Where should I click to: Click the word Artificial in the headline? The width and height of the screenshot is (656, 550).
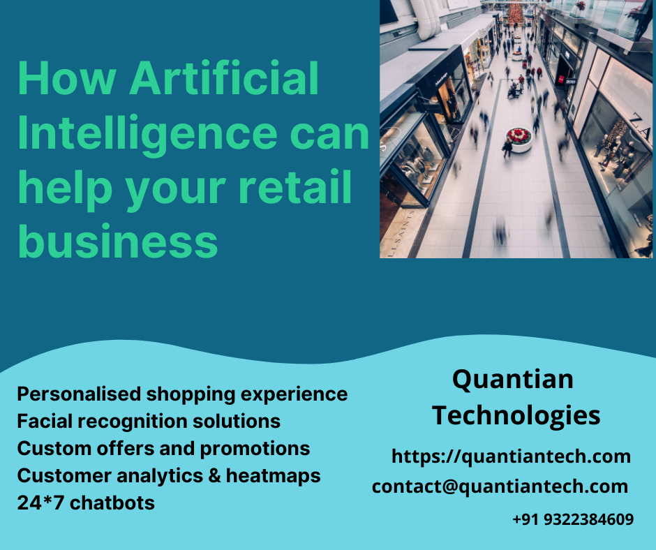click(225, 78)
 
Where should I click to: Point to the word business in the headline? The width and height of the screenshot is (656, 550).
click(117, 241)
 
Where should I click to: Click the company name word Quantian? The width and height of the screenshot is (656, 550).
click(512, 380)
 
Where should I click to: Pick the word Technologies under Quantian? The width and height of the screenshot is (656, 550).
click(516, 415)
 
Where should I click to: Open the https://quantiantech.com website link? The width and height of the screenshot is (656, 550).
click(511, 456)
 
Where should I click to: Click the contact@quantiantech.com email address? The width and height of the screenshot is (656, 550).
click(500, 486)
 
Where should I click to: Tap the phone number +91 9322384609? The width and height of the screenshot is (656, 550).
click(572, 519)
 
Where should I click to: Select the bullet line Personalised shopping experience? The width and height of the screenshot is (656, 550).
click(182, 394)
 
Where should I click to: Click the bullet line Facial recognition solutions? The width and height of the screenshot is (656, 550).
click(149, 422)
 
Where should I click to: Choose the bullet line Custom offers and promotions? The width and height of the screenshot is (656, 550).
click(163, 448)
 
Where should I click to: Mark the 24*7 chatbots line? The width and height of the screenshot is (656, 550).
click(86, 502)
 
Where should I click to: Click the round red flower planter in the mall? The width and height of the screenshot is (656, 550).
click(519, 137)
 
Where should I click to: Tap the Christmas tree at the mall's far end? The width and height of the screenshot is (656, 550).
click(516, 13)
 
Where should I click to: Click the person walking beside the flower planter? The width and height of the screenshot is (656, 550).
click(507, 147)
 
